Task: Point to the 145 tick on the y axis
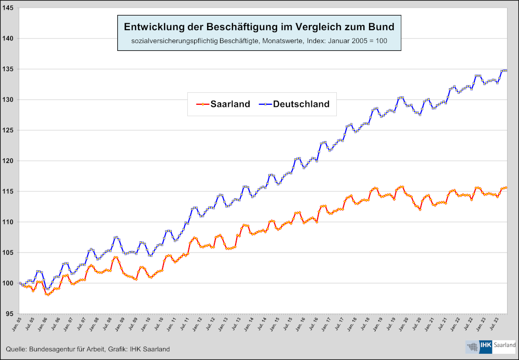click(x=9, y=8)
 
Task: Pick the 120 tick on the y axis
click(x=9, y=161)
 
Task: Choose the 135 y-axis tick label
click(x=9, y=69)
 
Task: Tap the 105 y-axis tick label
click(x=9, y=253)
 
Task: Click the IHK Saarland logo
click(x=490, y=346)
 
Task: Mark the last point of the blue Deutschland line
click(x=506, y=70)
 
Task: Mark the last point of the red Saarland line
click(x=506, y=187)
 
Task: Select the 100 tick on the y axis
click(x=9, y=283)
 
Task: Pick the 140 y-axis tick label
click(x=9, y=38)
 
